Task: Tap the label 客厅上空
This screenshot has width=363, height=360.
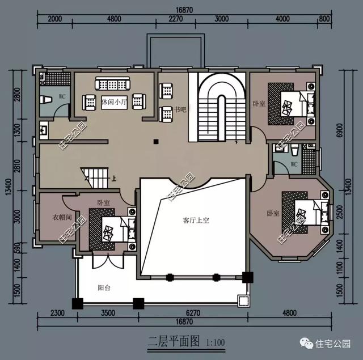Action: tap(196, 220)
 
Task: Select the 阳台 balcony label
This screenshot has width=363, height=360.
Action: tap(104, 287)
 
